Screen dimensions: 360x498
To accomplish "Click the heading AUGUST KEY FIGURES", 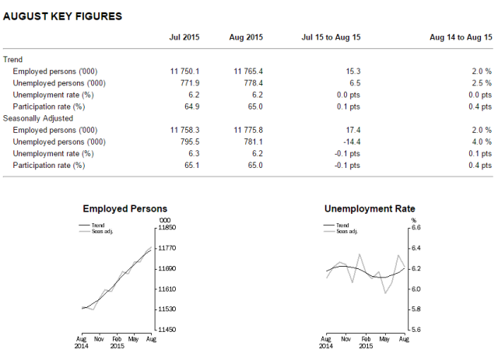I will [61, 16].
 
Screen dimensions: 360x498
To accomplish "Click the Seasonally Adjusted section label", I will [37, 117].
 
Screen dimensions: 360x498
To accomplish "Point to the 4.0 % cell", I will [481, 142].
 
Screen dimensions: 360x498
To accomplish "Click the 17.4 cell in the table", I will [349, 130].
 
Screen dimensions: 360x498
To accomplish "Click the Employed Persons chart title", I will [125, 209].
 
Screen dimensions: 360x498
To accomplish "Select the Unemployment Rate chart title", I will [369, 209].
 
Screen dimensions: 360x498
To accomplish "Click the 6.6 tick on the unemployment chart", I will [415, 227].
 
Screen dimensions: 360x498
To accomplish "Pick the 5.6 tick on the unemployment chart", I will [415, 330].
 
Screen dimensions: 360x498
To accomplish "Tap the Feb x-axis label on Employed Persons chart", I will [117, 339].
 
